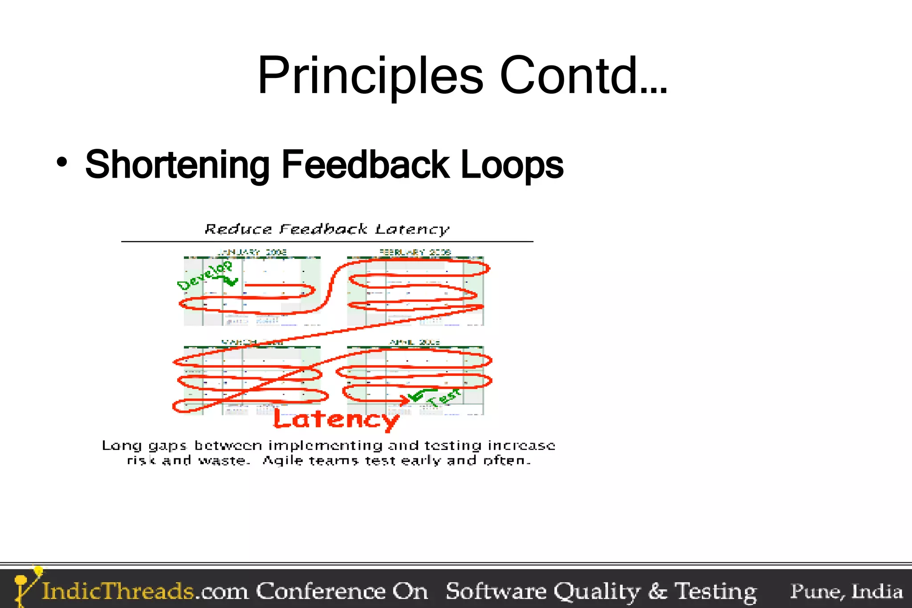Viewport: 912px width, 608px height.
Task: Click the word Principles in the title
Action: point(370,76)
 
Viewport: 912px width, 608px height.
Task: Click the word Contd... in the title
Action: point(583,76)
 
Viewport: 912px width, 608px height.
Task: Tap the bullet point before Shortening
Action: point(62,162)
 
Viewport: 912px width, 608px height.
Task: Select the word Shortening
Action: point(177,165)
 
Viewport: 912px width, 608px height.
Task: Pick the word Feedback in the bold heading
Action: point(365,165)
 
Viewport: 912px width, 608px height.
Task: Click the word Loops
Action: point(512,165)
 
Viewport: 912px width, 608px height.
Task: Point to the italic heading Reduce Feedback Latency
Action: point(327,229)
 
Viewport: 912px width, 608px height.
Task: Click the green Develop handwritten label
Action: point(205,275)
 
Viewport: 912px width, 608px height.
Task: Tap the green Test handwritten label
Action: point(444,396)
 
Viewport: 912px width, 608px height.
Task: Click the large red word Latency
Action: point(336,420)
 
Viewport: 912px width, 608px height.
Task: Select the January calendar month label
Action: point(252,252)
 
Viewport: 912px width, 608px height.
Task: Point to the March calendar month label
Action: point(252,342)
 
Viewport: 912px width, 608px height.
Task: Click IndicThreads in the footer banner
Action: point(118,592)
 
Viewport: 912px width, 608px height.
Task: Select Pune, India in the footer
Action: point(846,592)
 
